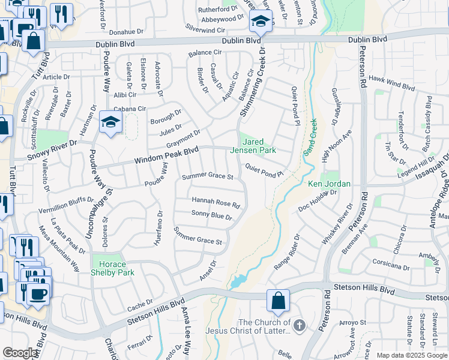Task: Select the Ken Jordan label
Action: point(329,184)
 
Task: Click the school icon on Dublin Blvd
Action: point(261,22)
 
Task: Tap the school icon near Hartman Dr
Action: point(111,122)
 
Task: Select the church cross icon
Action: point(299,326)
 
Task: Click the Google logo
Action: point(20,353)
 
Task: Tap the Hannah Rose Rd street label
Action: point(215,202)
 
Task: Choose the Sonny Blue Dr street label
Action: point(211,215)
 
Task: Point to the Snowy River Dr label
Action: point(53,151)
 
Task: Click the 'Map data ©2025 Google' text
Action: point(412,355)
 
